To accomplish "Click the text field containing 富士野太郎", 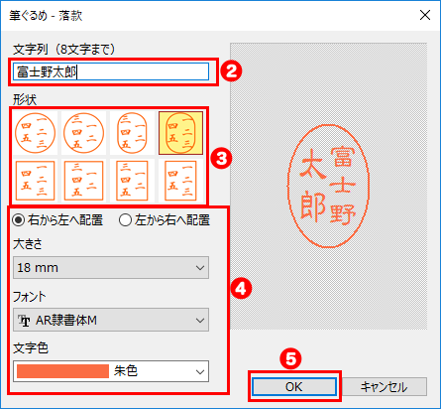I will pos(111,71).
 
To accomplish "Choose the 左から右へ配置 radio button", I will pos(126,220).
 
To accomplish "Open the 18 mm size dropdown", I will pos(111,267).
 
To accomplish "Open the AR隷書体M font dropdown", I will pos(111,319).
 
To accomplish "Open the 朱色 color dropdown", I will pos(111,370).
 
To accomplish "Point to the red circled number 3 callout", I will pos(223,156).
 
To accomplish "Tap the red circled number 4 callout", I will pos(241,288).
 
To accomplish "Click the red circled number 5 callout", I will pos(293,354).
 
